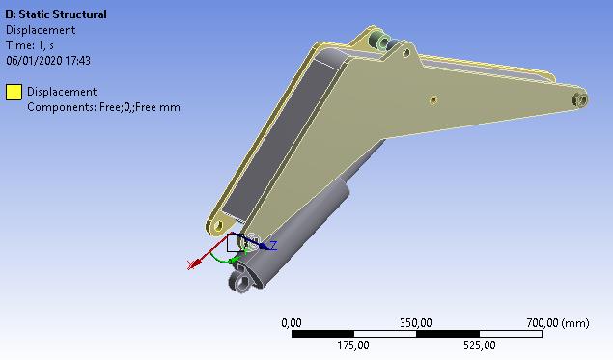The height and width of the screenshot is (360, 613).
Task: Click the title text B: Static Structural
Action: (56, 14)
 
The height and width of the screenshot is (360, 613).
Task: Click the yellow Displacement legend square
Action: (14, 93)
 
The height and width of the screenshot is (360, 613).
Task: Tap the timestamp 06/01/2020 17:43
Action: (48, 61)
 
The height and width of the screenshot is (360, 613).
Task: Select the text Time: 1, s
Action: (30, 45)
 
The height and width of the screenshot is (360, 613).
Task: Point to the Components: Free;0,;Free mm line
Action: (103, 107)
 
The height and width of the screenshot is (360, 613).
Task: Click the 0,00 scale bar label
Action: (292, 323)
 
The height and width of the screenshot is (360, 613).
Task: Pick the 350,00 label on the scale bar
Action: (415, 323)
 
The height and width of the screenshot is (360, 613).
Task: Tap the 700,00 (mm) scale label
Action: (557, 323)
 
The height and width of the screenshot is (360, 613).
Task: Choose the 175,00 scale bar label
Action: (353, 346)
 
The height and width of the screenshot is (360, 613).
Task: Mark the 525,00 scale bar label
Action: (479, 346)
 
